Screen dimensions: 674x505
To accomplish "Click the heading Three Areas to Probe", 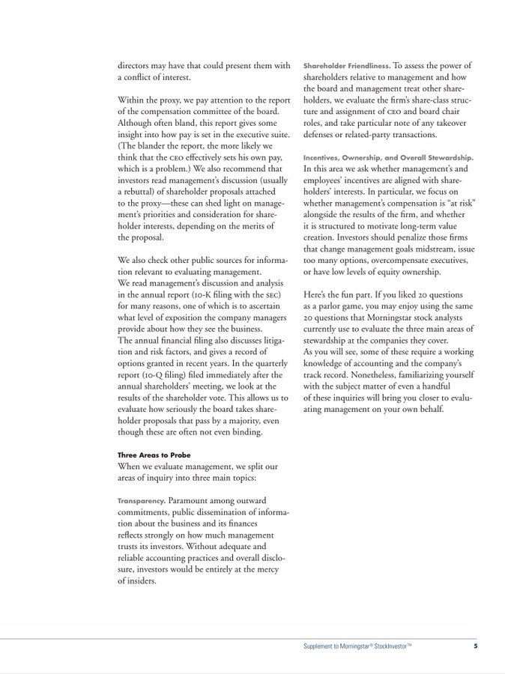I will tap(154, 455).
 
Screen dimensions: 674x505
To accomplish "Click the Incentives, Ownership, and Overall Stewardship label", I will tap(388, 157).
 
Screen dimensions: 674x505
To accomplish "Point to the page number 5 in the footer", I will tap(475, 646).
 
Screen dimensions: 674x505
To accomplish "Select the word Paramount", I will tap(193, 500).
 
